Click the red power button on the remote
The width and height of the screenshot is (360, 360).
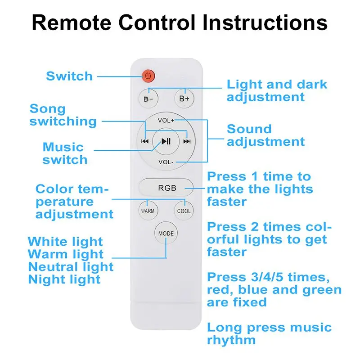(148, 76)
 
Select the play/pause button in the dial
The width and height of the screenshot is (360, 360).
(166, 141)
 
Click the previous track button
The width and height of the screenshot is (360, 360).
(145, 141)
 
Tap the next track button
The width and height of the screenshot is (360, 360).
(187, 141)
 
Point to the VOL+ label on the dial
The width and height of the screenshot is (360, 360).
(166, 121)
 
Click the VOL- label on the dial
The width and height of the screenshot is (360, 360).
(166, 162)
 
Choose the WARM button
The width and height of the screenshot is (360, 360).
(148, 211)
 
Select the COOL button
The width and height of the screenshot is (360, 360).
(184, 211)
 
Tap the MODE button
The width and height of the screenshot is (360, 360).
(166, 234)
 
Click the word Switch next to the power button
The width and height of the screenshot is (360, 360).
(69, 76)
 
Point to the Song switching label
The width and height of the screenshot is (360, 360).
(63, 115)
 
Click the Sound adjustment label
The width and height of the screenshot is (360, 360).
(265, 135)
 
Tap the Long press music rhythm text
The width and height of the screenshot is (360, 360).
(269, 333)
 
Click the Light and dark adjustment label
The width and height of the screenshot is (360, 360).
(277, 90)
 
